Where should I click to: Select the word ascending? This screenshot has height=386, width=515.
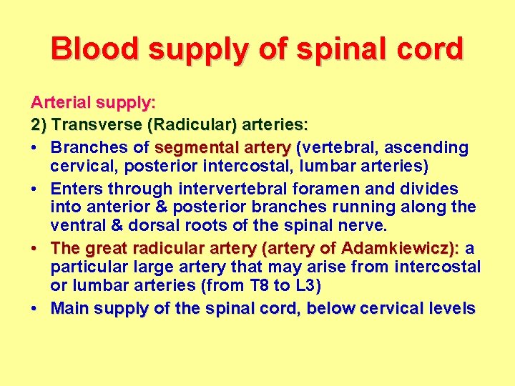coord(429,148)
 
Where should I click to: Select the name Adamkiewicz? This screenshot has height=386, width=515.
coord(398,249)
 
